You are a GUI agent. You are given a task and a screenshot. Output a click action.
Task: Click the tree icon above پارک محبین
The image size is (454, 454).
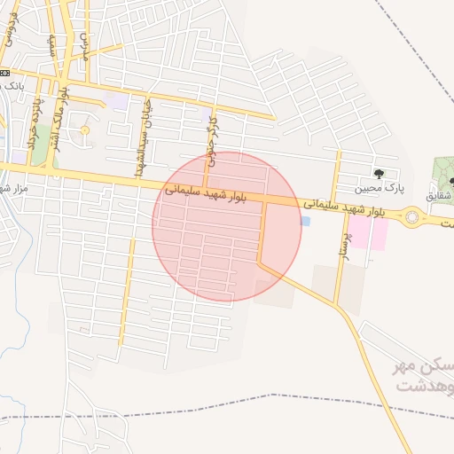tap(380, 174)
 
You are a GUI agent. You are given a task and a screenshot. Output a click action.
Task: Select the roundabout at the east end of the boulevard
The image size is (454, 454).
tap(411, 215)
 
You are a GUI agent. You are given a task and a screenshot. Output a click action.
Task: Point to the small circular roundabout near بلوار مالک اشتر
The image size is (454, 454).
tap(85, 130)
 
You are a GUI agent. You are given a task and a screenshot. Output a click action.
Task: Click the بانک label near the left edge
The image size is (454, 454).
tap(12, 86)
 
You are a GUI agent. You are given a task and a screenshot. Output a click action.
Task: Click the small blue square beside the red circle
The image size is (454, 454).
tap(306, 221)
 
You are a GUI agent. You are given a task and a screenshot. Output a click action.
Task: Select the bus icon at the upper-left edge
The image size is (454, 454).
tap(4, 72)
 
